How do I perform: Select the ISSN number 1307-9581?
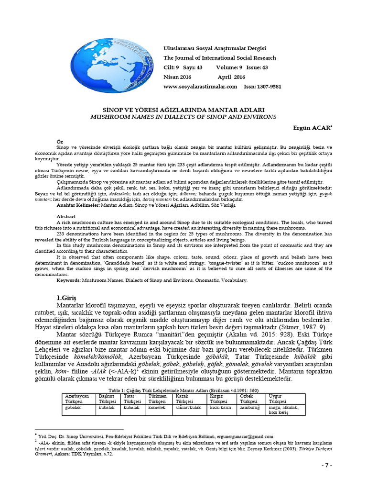(x=269, y=87)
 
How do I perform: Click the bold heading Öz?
(x=60, y=142)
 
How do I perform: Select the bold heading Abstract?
(x=66, y=216)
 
